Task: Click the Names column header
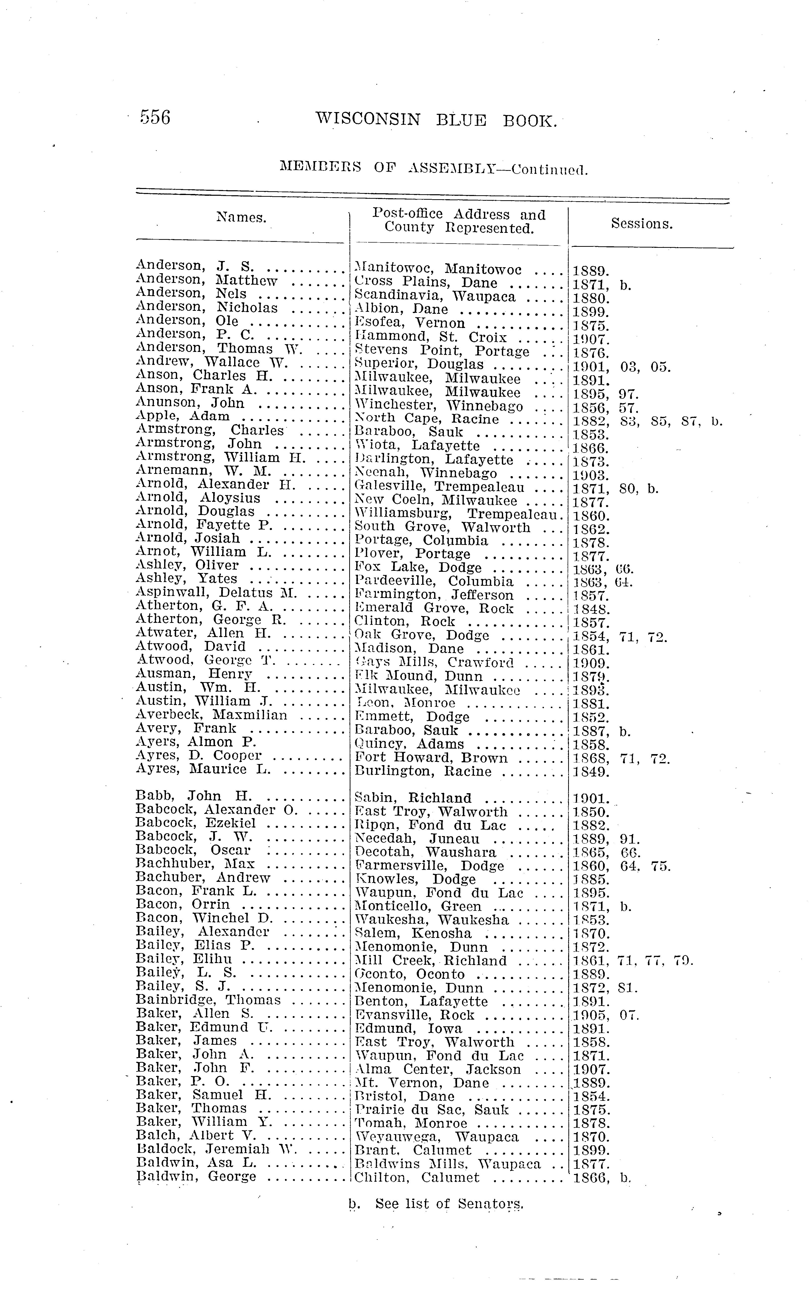tap(241, 217)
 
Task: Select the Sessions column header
tap(642, 224)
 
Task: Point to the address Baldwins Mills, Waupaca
tap(447, 1164)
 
